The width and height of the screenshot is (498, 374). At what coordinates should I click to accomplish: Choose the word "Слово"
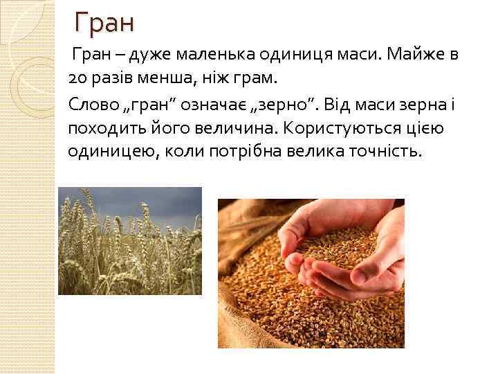tap(93, 103)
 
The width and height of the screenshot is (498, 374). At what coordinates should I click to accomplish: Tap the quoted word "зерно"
tap(290, 103)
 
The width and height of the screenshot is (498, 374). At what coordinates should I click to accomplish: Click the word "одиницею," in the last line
tap(110, 152)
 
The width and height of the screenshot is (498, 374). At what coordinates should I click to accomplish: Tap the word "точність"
tap(380, 152)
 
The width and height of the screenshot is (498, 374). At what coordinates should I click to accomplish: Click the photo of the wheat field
tap(129, 240)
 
